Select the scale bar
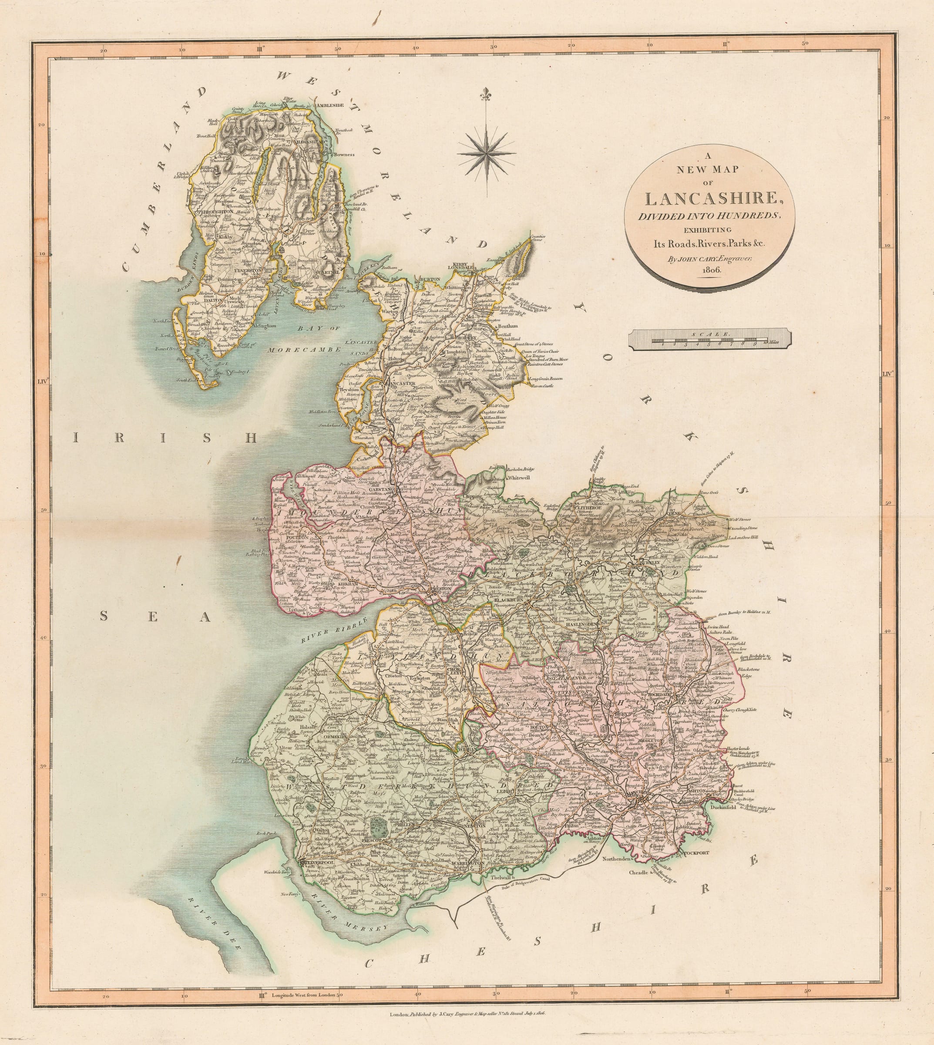pyautogui.click(x=710, y=340)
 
